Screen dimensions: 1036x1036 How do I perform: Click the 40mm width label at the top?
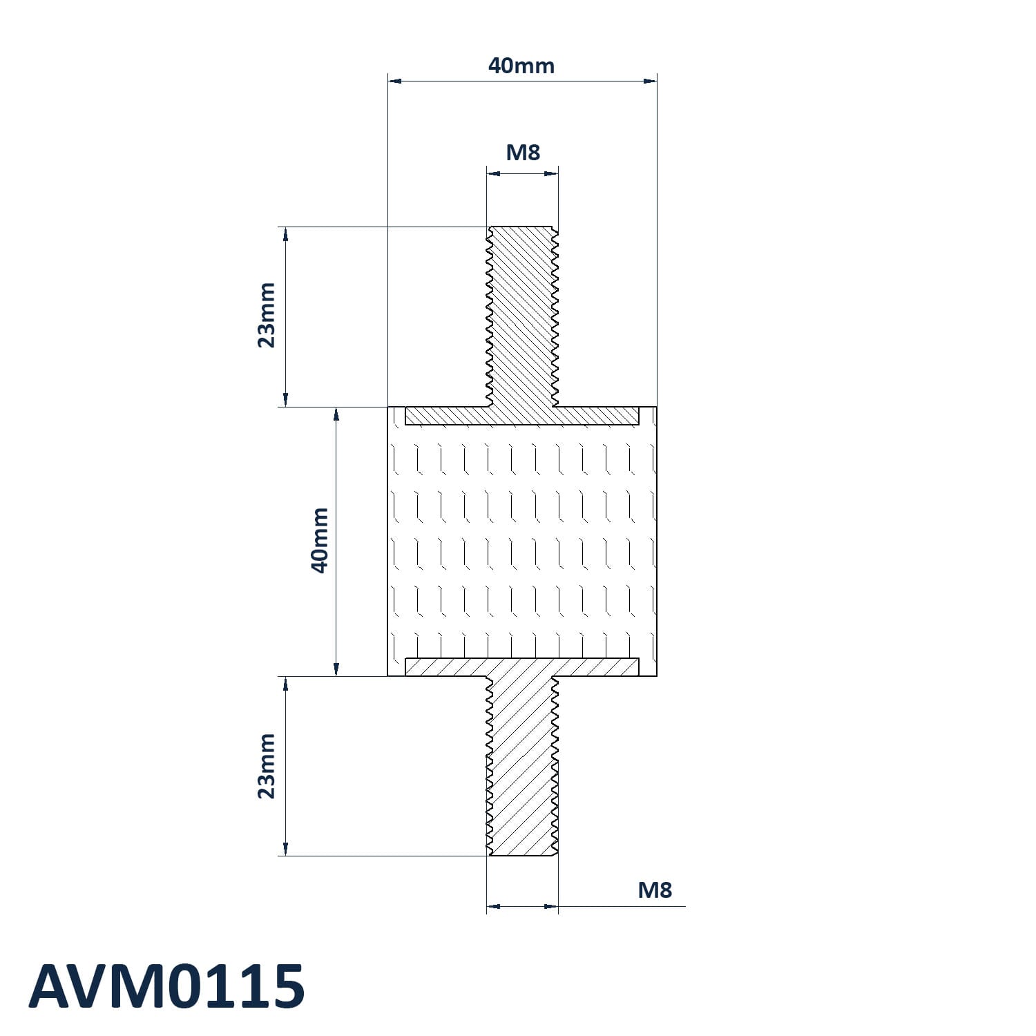click(521, 66)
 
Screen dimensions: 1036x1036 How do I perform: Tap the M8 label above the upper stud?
click(523, 152)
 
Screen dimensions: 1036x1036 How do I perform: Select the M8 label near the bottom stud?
click(655, 890)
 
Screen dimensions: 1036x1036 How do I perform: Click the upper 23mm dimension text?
click(267, 315)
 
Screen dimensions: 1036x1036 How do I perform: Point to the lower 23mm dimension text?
click(267, 766)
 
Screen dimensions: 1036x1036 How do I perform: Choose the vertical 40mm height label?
click(319, 540)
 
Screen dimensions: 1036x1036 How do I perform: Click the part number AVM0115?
click(166, 986)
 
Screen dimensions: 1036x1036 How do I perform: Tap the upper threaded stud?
click(522, 316)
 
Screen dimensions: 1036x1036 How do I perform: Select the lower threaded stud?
click(522, 766)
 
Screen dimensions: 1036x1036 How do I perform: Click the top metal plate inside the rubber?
click(522, 415)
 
